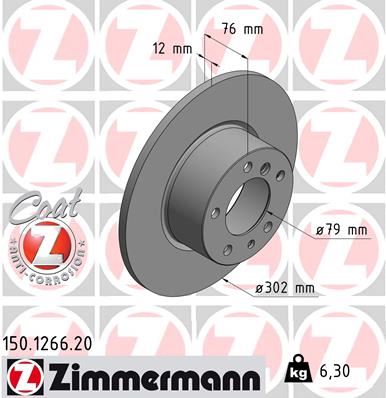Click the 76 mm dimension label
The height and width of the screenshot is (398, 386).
click(240, 31)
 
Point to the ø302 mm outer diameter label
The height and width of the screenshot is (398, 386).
click(285, 290)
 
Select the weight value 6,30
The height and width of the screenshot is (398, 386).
click(335, 371)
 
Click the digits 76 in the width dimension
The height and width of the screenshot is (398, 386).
click(229, 31)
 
